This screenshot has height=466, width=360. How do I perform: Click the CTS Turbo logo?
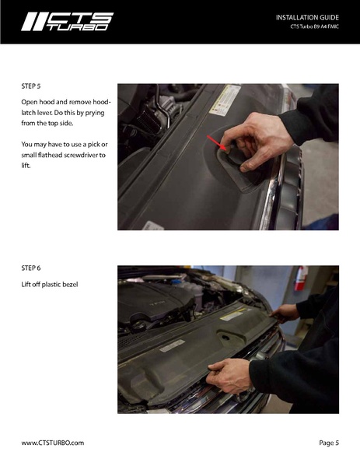click(x=67, y=22)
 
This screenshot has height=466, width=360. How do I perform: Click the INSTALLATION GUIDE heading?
click(x=307, y=18)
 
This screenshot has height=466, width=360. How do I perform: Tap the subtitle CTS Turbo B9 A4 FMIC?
click(x=315, y=26)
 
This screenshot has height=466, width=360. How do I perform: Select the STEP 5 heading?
click(x=31, y=86)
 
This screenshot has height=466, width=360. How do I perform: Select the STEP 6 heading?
click(x=31, y=268)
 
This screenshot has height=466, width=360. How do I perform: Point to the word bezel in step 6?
click(x=71, y=285)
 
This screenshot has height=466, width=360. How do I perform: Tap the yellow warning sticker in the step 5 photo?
click(x=225, y=100)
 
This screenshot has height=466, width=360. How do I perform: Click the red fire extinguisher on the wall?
click(x=301, y=279)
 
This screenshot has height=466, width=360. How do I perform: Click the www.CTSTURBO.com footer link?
click(x=53, y=443)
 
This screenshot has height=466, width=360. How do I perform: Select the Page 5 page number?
click(x=329, y=443)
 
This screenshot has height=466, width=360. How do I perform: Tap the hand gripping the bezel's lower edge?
click(x=229, y=376)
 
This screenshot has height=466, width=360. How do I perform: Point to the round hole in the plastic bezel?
click(x=225, y=338)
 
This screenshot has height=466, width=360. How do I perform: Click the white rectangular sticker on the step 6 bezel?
click(x=172, y=345)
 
